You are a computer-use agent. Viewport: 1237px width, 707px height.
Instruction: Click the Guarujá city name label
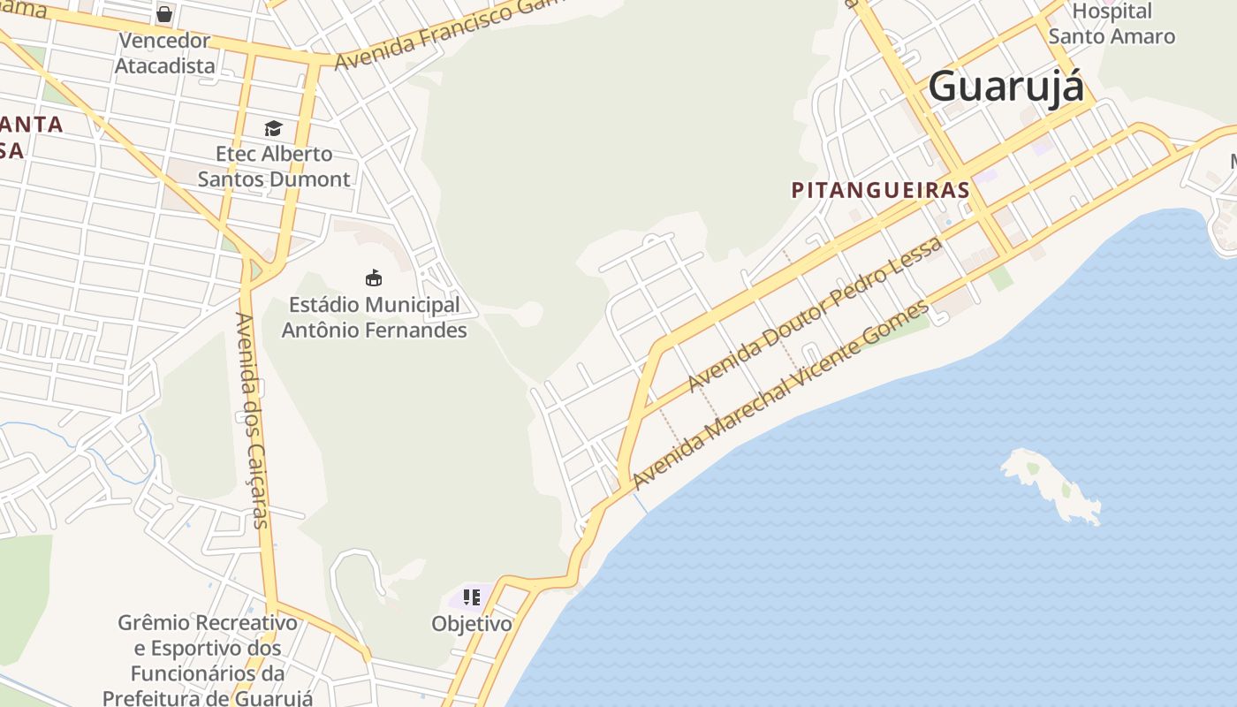point(1006,87)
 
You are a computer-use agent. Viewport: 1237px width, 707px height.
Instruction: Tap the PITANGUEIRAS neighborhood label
point(880,190)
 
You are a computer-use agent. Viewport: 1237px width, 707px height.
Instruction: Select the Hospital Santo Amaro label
point(1112,24)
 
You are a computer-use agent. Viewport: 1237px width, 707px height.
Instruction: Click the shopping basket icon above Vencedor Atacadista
point(164,14)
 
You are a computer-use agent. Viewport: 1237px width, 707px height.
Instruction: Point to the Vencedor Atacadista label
point(165,53)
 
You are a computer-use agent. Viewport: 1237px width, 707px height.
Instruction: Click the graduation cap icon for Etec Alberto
point(273,128)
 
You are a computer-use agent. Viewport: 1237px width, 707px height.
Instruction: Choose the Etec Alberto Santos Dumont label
point(274,166)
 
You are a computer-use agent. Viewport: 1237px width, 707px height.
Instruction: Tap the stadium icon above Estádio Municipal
point(374,278)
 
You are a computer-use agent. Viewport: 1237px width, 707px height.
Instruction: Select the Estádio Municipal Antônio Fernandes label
point(374,317)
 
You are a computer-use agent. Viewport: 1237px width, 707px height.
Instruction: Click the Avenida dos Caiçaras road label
point(252,421)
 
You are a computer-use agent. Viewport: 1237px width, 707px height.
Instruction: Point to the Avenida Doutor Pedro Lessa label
point(815,315)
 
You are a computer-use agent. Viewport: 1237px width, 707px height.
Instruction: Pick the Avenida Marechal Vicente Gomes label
point(781,394)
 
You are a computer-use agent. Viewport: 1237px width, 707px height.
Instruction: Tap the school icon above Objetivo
point(472,597)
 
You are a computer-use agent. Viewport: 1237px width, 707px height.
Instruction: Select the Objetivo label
point(472,624)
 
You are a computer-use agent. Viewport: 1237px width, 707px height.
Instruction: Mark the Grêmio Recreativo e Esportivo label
point(208,660)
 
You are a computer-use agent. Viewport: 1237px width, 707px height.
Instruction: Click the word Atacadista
point(165,65)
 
